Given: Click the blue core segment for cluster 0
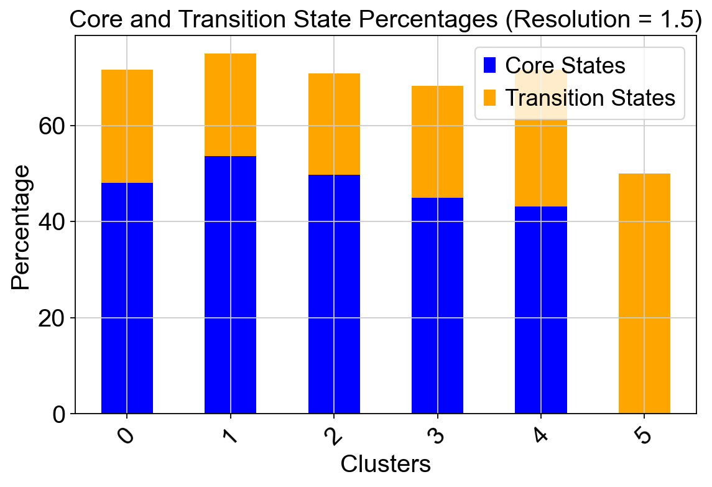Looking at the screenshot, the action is coord(127,298).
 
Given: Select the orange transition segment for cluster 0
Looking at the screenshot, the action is coord(127,126).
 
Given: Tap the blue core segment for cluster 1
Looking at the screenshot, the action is coord(230,285).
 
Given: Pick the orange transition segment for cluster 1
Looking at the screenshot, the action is coord(230,105).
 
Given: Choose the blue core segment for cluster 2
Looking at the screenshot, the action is coord(334,294).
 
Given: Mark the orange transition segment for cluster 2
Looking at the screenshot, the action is coord(334,124).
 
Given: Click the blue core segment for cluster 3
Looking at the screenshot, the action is coord(437,306).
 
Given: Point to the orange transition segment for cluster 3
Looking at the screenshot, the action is coord(437,142).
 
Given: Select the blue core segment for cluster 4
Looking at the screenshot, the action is coord(541,310).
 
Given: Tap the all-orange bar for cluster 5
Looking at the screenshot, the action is coord(644,294).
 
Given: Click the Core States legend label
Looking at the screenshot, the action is coord(565,65).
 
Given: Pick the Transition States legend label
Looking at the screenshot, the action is coord(590,98).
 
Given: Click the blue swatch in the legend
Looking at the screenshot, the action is coord(489,65).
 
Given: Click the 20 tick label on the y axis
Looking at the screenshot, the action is coord(52,318).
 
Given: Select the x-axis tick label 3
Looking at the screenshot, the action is coord(437,436).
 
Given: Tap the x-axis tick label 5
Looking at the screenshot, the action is coord(644,436).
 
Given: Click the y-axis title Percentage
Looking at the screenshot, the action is coord(21,228).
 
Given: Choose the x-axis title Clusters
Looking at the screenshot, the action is coord(386,464).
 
